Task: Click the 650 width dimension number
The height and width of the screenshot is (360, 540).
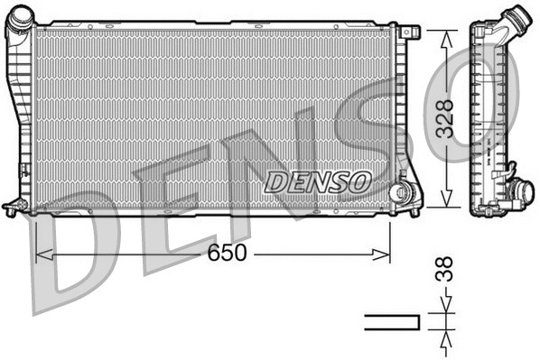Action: [227, 254]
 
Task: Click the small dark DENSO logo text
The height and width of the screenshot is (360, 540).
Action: [318, 181]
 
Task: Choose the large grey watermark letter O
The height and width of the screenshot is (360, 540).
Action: [479, 99]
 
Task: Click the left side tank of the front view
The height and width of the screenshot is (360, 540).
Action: [20, 117]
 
